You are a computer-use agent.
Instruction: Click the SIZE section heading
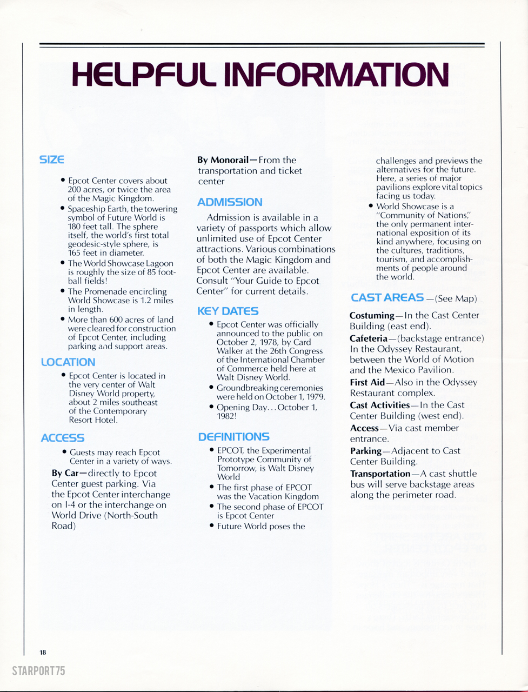click(52, 160)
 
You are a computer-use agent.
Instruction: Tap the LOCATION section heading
click(68, 362)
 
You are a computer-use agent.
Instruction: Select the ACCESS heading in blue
click(63, 438)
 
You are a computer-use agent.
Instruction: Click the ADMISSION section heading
click(230, 202)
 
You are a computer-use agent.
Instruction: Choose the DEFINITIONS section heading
click(234, 437)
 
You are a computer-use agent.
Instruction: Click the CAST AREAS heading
click(387, 297)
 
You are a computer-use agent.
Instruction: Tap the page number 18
click(43, 653)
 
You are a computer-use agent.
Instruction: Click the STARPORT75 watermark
click(38, 671)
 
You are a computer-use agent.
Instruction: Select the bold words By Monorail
click(223, 160)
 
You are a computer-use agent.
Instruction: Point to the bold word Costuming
click(372, 315)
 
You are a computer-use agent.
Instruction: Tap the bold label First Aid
click(367, 382)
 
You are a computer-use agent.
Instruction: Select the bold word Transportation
click(380, 474)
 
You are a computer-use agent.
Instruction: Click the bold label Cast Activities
click(380, 405)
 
